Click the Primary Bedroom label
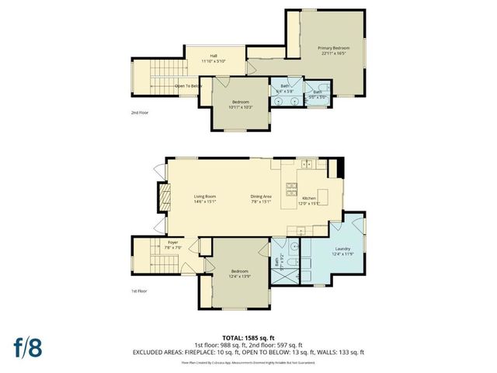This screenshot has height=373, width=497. tap(335, 49)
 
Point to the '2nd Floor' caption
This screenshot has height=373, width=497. tap(139, 113)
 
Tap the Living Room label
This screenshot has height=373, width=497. tap(205, 198)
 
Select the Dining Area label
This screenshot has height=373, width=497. tap(261, 198)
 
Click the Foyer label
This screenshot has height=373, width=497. tap(173, 245)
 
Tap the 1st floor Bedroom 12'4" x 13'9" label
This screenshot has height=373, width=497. tap(239, 274)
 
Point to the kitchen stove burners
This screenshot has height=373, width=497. tap(293, 189)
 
